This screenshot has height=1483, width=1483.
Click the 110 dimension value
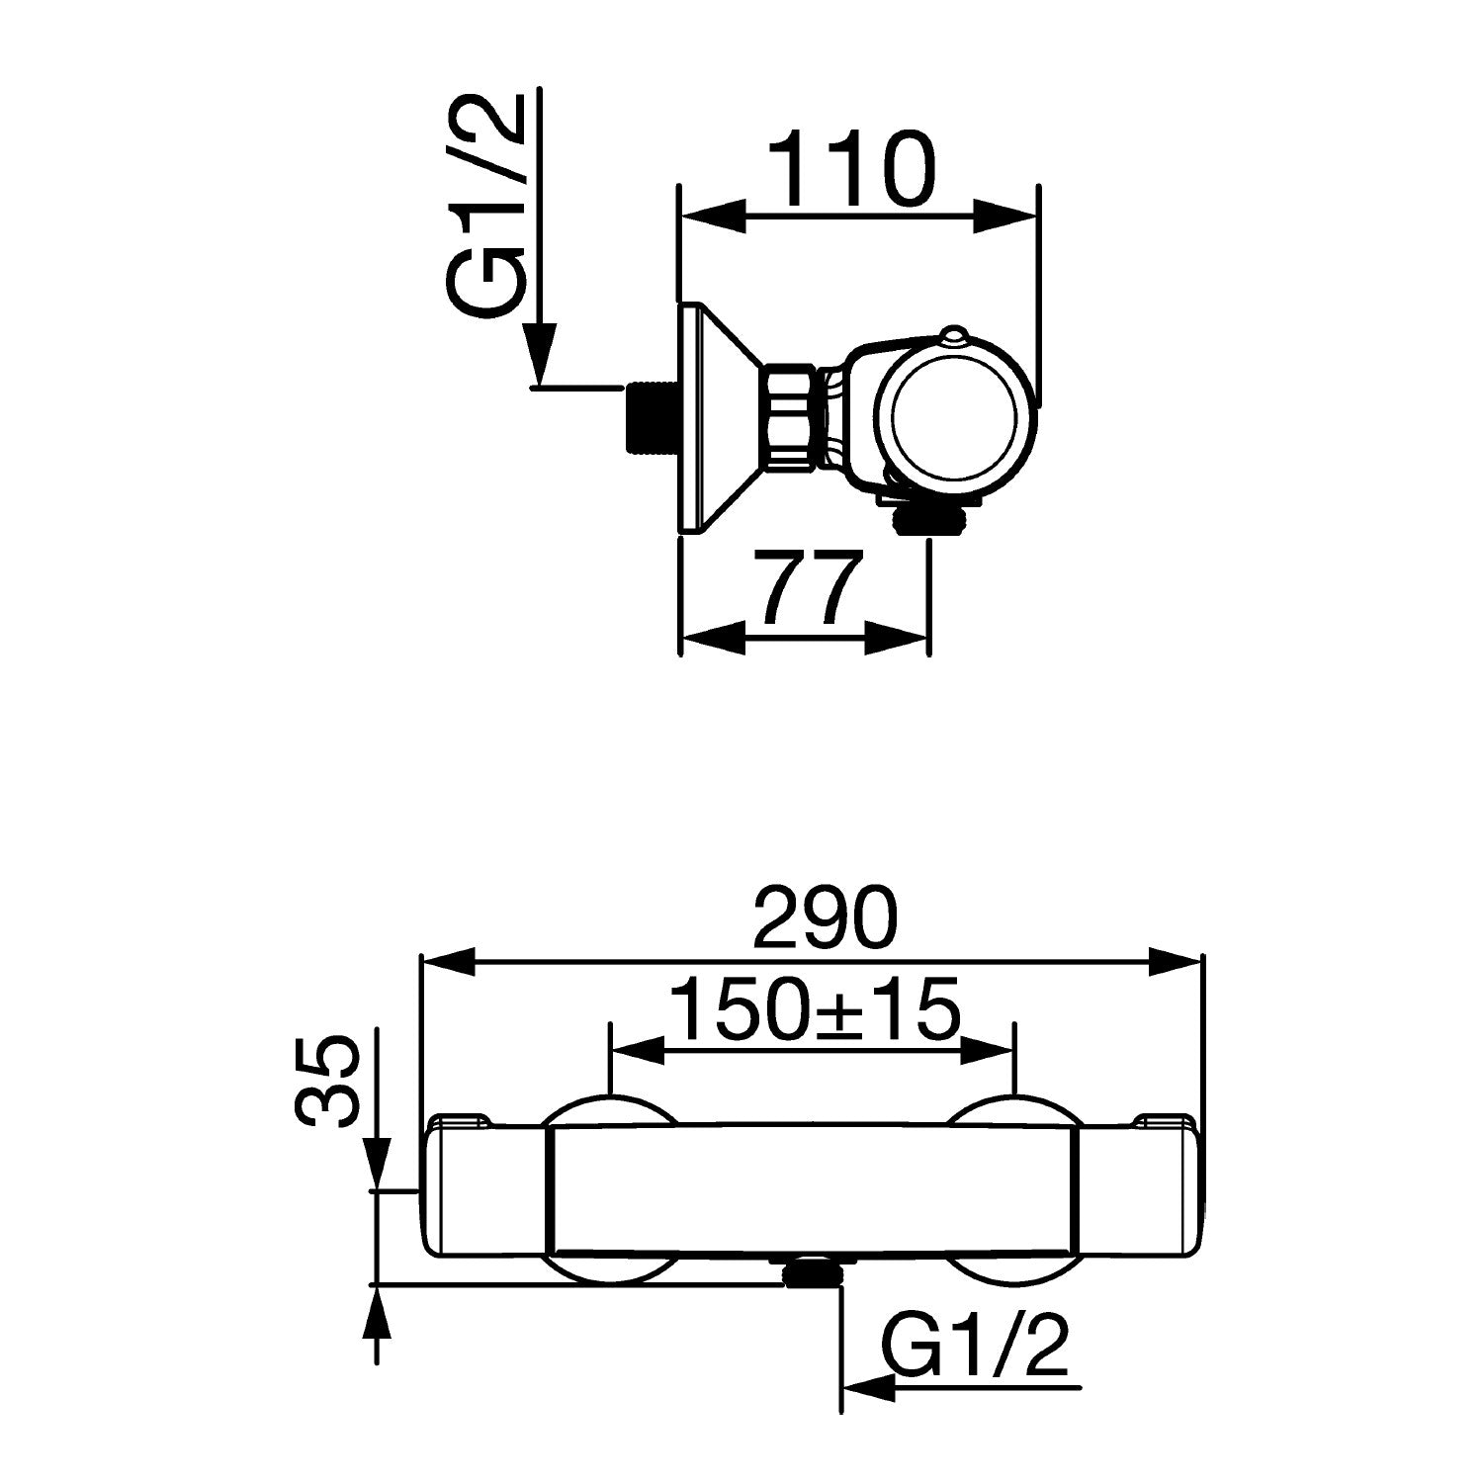851,171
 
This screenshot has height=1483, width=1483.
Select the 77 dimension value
806,591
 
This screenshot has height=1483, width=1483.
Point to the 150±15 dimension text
814,1008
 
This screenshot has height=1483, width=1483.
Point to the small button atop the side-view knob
954,336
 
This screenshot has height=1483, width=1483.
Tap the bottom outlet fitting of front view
812,1270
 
